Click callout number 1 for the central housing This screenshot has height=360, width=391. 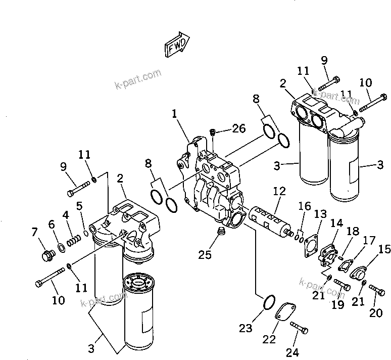click(175, 114)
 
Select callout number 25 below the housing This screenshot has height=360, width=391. click(205, 254)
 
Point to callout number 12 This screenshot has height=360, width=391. click(279, 191)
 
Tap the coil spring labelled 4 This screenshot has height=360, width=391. click(74, 236)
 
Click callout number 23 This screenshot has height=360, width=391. click(246, 328)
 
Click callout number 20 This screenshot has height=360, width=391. click(375, 313)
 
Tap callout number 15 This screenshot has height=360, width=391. click(384, 249)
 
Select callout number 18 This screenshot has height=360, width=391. click(353, 232)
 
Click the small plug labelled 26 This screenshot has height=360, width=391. click(214, 132)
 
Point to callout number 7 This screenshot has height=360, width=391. click(34, 233)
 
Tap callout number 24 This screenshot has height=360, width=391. click(292, 352)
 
